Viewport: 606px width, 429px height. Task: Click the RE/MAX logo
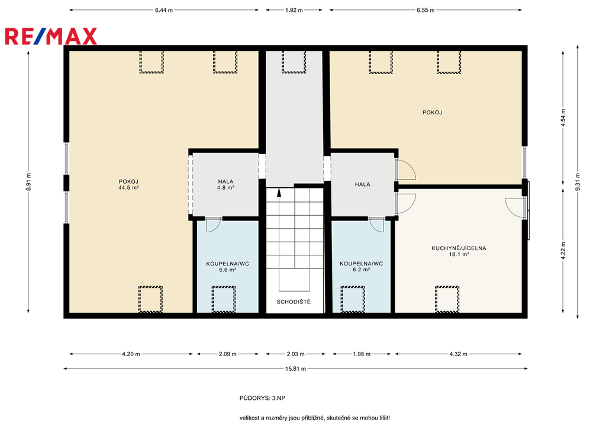[x=51, y=36]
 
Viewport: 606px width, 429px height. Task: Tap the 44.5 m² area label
[x=128, y=188]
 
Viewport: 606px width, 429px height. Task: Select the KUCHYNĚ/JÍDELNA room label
[x=459, y=248]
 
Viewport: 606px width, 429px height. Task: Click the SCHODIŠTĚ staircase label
[x=294, y=302]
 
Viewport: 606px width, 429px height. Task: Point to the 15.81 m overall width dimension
[x=296, y=369]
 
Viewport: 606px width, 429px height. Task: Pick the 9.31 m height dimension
[x=578, y=182]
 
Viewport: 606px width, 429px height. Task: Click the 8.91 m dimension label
[x=28, y=182]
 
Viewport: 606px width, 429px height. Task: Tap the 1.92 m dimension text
[x=294, y=10]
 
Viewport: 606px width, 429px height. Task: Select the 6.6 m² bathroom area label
[x=228, y=270]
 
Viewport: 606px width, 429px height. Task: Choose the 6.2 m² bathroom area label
[x=362, y=270]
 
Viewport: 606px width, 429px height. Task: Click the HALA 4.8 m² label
[x=225, y=184]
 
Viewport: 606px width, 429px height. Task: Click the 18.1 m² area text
[x=459, y=255]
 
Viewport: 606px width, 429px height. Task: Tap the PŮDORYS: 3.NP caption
[x=262, y=398]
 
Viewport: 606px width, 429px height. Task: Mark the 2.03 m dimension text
[x=296, y=354]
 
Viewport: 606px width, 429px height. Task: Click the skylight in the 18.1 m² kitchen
[x=447, y=299]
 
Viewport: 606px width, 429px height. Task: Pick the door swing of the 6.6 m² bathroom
[x=213, y=225]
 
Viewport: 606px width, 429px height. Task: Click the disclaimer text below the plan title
[x=315, y=418]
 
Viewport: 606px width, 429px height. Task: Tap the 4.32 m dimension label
[x=459, y=354]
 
